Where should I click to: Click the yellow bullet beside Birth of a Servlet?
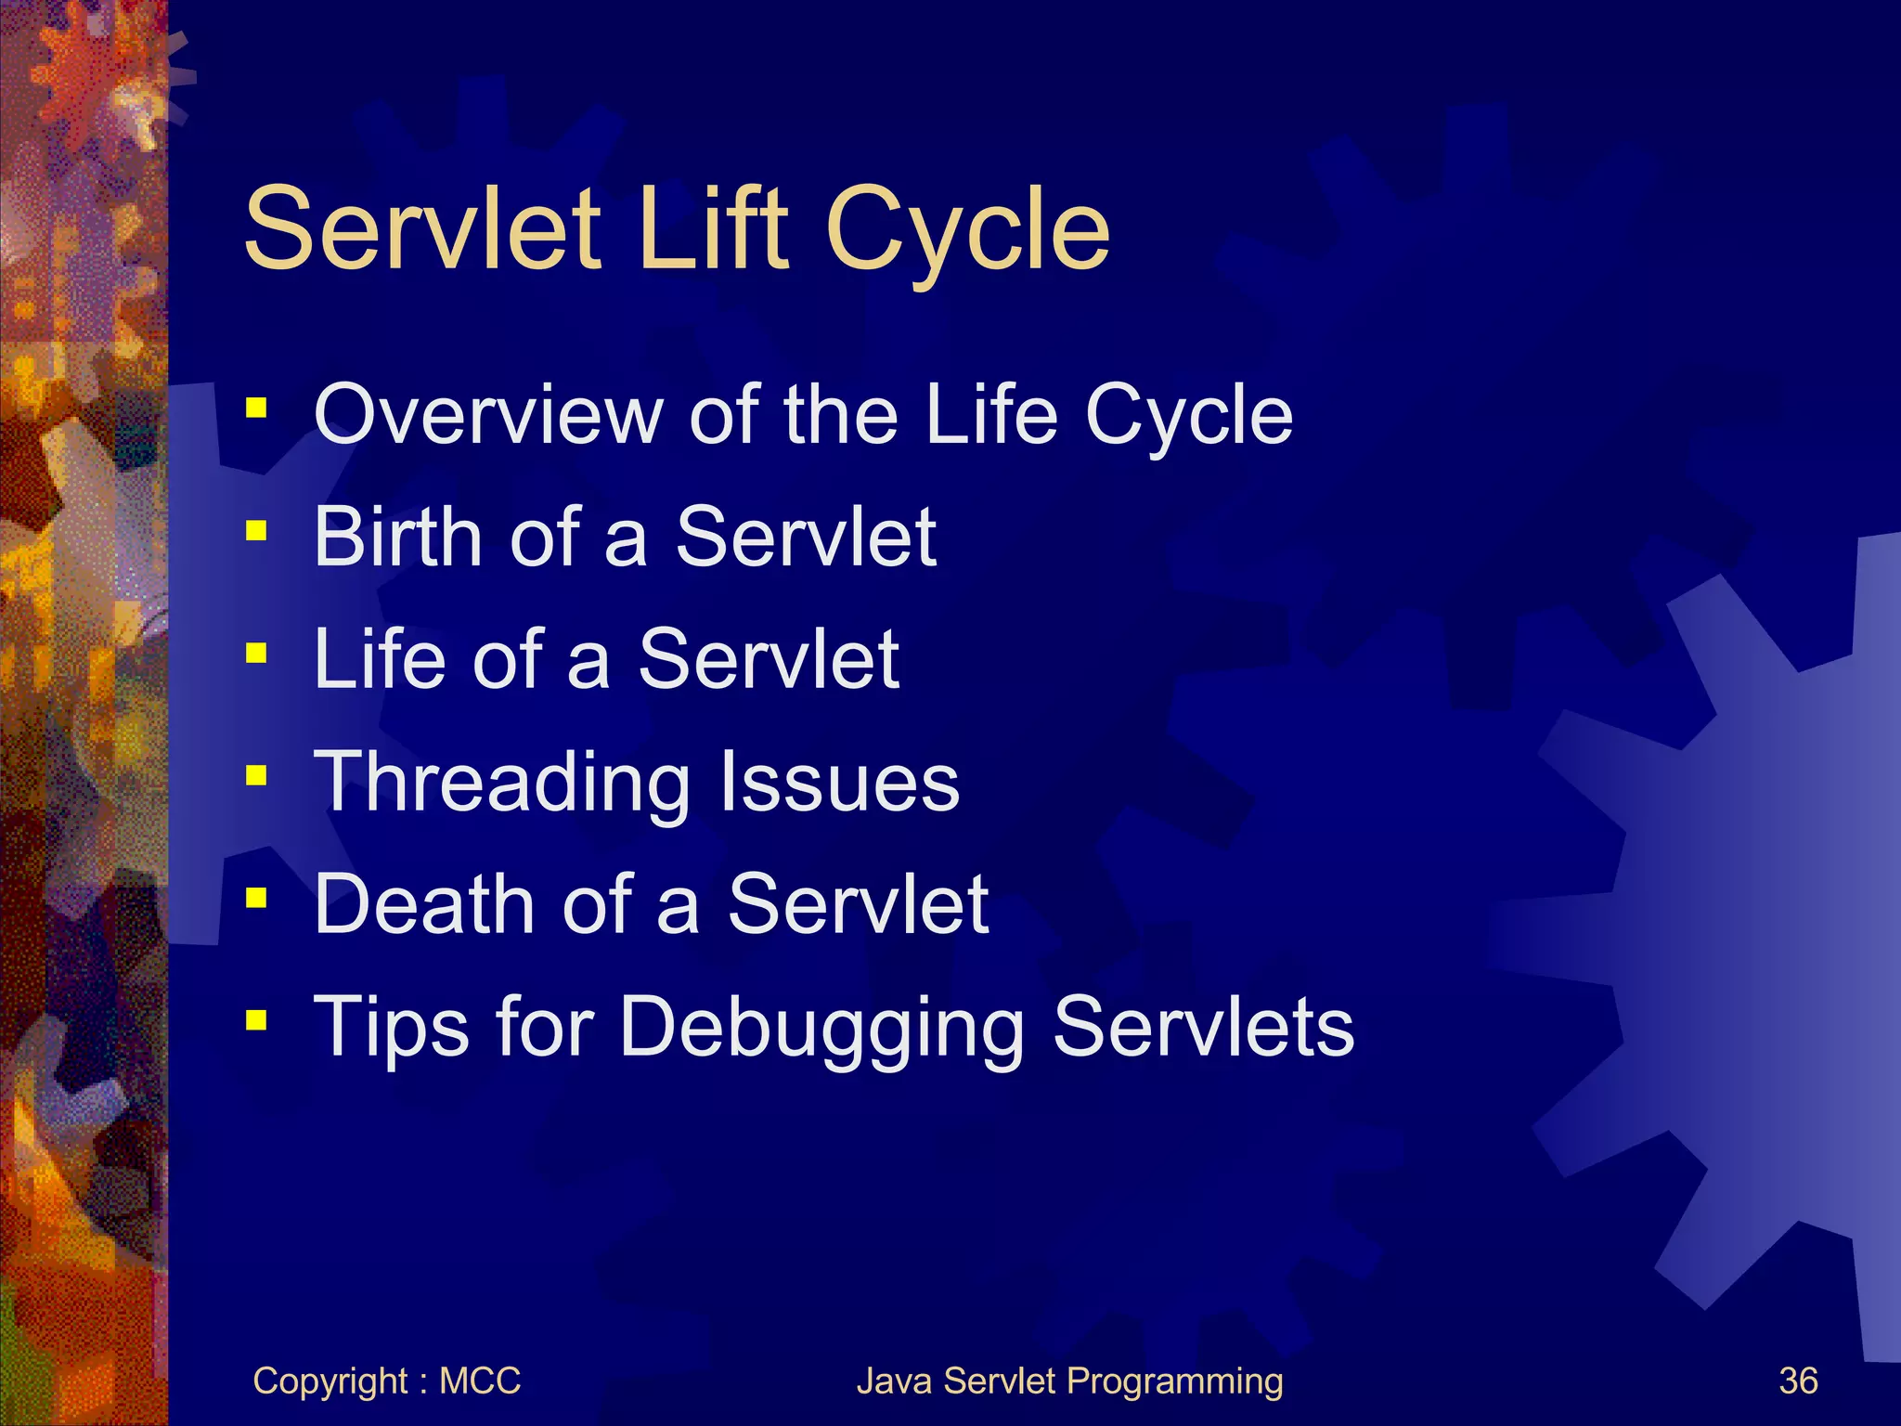(256, 531)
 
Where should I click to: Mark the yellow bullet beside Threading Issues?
(256, 775)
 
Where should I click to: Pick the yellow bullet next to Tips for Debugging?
(256, 1021)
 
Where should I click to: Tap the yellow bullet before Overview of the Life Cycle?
(256, 408)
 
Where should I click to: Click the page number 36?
(1797, 1381)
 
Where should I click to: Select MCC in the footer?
(480, 1381)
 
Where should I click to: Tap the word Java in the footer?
(895, 1381)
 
